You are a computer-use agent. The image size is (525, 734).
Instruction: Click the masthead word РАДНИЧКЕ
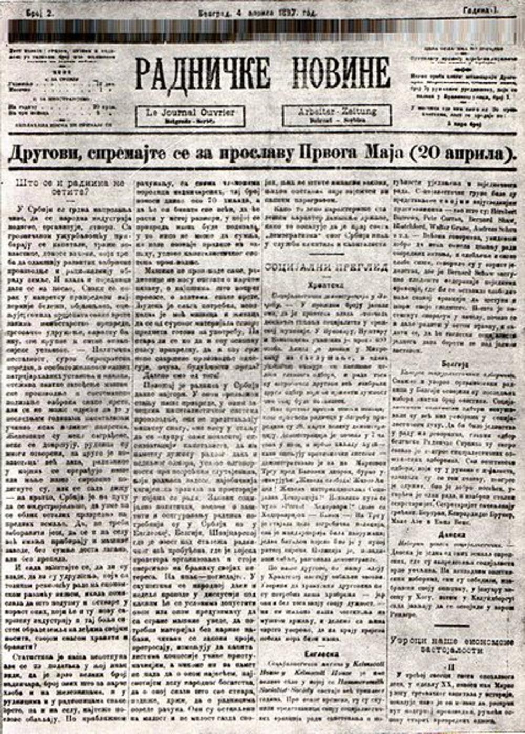pos(203,73)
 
